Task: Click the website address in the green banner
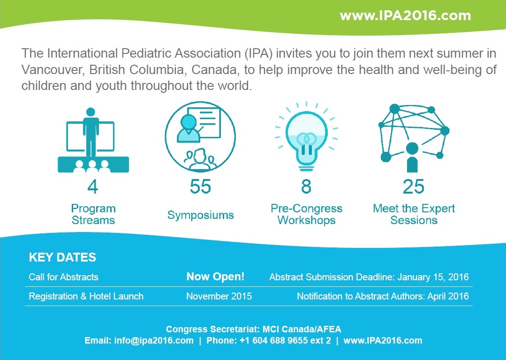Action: tap(405, 15)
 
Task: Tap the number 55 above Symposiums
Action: tap(200, 187)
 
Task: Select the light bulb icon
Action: tap(306, 136)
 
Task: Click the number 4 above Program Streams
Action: tap(92, 187)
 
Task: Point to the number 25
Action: tap(414, 187)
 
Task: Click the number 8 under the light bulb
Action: tap(306, 187)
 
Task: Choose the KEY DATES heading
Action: tap(62, 257)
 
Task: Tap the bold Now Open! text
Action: tap(215, 277)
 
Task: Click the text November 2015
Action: tap(219, 296)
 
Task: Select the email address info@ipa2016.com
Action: tap(154, 340)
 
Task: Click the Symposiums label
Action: tap(200, 215)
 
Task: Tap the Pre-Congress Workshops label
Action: tap(306, 214)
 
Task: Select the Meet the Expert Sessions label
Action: tap(414, 214)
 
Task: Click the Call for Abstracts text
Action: tap(63, 277)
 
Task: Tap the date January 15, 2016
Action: tap(433, 277)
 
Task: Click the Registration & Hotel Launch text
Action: tap(86, 296)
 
